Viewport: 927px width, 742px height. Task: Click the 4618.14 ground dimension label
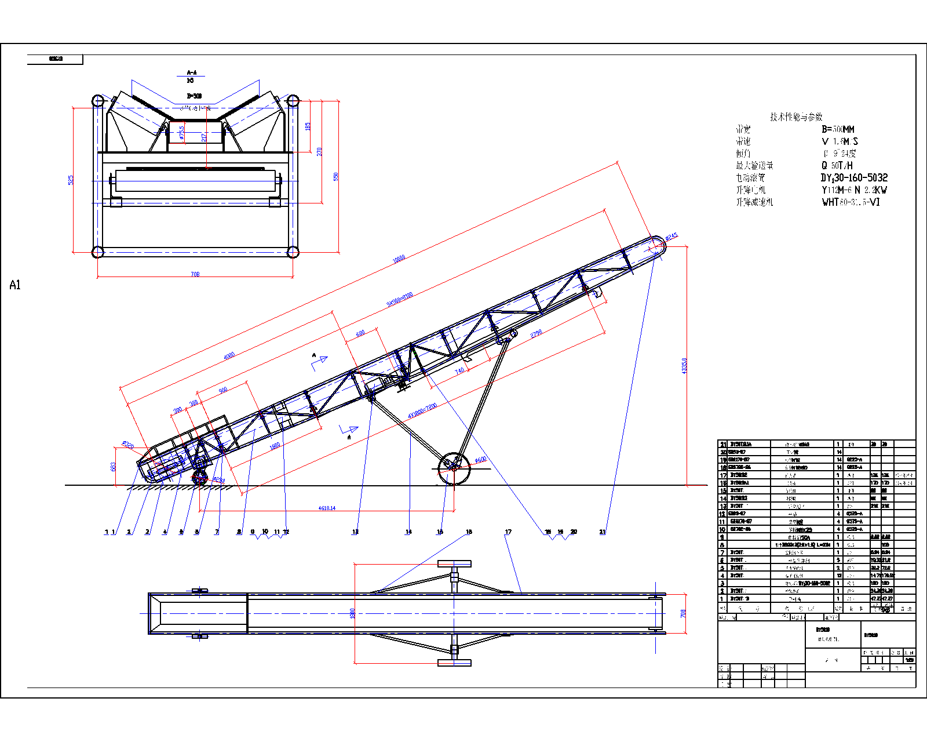click(x=327, y=508)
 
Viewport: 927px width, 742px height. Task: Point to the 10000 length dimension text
click(x=399, y=259)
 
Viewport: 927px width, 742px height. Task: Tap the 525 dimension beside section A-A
click(x=71, y=180)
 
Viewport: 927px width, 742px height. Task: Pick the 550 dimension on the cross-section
click(x=335, y=176)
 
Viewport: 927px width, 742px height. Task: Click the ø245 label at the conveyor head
click(x=671, y=237)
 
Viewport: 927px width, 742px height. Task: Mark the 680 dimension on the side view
click(x=360, y=334)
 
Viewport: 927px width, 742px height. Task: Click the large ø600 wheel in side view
click(x=454, y=469)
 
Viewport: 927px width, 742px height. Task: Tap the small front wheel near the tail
click(x=200, y=479)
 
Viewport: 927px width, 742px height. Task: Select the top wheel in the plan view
click(x=454, y=564)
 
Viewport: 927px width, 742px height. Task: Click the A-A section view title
click(x=192, y=72)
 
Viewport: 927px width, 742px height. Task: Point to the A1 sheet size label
click(x=15, y=285)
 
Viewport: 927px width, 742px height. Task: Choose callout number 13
click(x=355, y=532)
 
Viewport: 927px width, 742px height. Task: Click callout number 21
click(x=603, y=532)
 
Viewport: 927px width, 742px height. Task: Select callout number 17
click(x=508, y=532)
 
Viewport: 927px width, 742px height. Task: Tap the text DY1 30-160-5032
click(x=854, y=178)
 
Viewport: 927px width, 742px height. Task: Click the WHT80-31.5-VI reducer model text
click(x=851, y=202)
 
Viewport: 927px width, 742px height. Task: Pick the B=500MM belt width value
click(x=838, y=129)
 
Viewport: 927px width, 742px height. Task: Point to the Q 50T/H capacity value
click(x=837, y=166)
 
